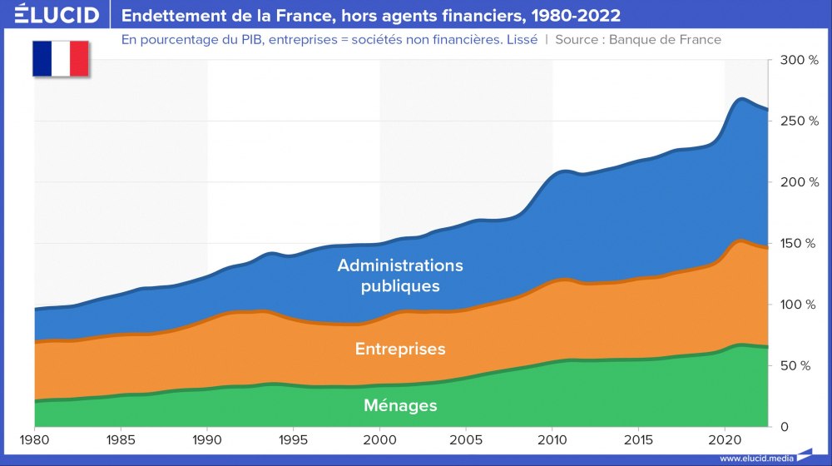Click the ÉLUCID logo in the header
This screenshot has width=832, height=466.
[x=57, y=15]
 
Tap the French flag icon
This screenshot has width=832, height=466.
[x=61, y=58]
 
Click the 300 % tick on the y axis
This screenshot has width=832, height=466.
[x=802, y=60]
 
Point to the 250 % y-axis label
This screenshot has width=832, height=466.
[x=802, y=121]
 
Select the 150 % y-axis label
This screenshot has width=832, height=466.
[x=802, y=243]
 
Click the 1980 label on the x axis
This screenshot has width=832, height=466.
[x=34, y=439]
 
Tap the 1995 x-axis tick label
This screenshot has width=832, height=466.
[x=294, y=439]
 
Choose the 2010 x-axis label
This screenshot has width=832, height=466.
[x=552, y=439]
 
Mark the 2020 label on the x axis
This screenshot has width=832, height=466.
[x=726, y=439]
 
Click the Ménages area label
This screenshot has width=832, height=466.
[x=400, y=406]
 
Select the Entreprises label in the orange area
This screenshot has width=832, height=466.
[x=400, y=349]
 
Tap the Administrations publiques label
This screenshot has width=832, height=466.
[x=400, y=275]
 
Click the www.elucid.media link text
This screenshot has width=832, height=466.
[x=755, y=458]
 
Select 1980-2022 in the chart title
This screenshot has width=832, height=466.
[x=578, y=16]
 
